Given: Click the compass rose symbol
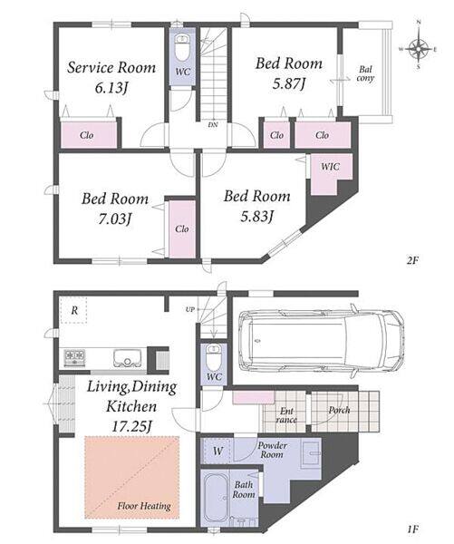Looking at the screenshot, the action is [x=419, y=49].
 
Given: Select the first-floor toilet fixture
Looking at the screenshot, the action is [x=214, y=358].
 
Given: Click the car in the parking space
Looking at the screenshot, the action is [x=321, y=341].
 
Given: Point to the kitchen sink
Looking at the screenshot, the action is [x=127, y=358].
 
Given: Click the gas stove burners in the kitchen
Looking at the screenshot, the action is [x=74, y=358].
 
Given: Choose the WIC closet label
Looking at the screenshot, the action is [x=330, y=167].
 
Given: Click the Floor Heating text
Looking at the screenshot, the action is [x=144, y=506].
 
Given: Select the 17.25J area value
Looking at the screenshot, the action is [x=131, y=426].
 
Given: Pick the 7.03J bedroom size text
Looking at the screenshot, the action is [x=115, y=219].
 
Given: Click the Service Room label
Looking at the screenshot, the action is [x=111, y=67].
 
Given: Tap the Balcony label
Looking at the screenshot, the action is [x=365, y=74].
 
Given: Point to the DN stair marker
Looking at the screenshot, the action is [x=213, y=124].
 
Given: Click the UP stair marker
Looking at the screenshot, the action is [x=190, y=309].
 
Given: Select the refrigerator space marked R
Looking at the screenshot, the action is [x=74, y=310].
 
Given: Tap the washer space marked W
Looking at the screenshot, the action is [x=217, y=451].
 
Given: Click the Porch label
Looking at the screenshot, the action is [x=339, y=410].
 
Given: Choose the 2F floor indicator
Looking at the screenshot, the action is [x=412, y=260].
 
